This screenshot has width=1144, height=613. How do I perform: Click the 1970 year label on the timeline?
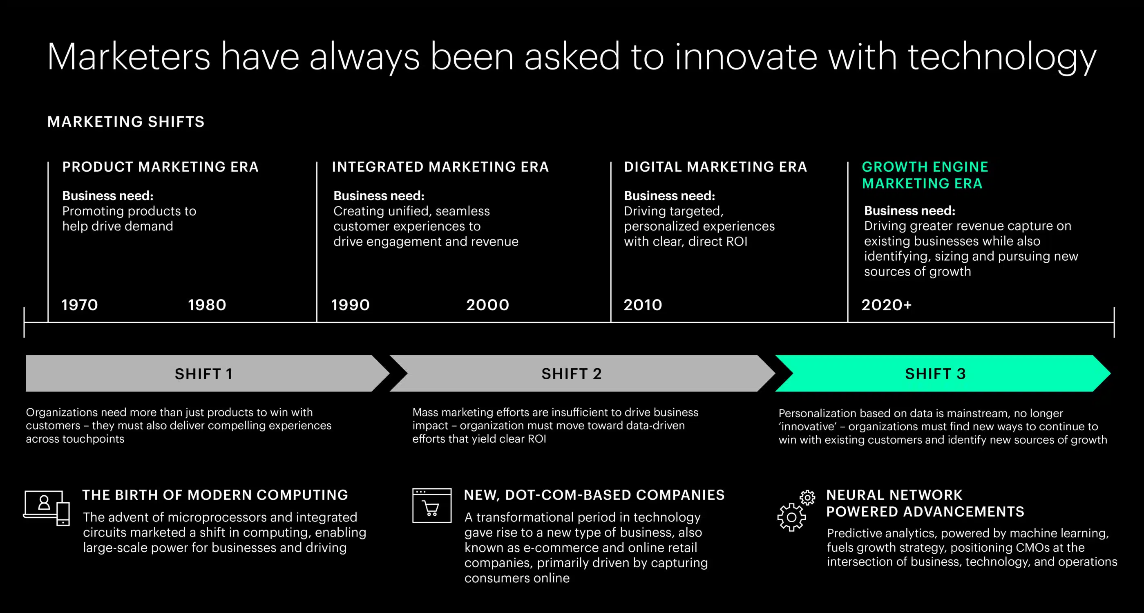(80, 305)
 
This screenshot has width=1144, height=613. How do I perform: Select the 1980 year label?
(207, 305)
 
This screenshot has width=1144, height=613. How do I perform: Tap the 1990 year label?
(351, 305)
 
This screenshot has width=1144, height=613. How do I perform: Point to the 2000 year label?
(487, 305)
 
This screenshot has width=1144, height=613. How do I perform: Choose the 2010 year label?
(643, 305)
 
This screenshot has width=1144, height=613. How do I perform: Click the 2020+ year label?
(887, 305)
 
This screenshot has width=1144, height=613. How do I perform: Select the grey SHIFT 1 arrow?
(208, 373)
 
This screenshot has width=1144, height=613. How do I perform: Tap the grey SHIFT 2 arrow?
(582, 373)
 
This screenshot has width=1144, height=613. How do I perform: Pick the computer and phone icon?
(47, 508)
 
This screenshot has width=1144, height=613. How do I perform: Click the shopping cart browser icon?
(432, 506)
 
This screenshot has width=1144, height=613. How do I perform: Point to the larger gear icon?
(791, 517)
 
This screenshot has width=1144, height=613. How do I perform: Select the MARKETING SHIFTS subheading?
(126, 122)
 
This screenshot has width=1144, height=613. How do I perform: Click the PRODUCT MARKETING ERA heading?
(160, 167)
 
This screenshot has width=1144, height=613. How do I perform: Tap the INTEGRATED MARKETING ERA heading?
(440, 167)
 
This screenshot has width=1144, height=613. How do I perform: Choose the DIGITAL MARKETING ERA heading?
(715, 167)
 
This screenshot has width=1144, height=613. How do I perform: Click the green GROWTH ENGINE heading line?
(925, 167)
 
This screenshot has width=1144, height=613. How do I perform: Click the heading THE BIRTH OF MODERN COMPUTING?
(215, 495)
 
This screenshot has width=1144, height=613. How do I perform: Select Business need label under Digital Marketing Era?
(669, 195)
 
